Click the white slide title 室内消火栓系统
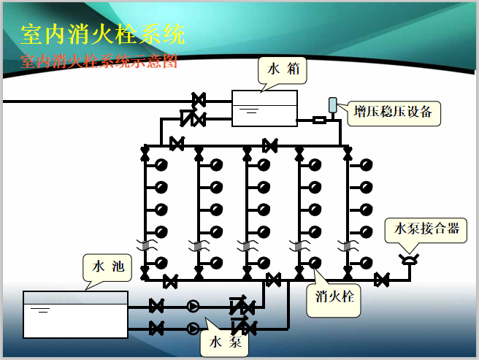(x=102, y=35)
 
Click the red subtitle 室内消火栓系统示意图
(x=99, y=61)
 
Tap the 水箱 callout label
(x=281, y=71)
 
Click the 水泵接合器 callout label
(x=426, y=229)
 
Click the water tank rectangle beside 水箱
(x=264, y=108)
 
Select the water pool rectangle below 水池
(x=75, y=314)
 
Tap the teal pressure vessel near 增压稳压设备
(x=333, y=106)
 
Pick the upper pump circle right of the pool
(x=193, y=306)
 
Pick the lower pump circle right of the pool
(x=193, y=328)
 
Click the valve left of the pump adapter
(x=380, y=279)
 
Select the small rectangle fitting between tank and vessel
(x=319, y=120)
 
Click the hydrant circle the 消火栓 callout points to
(x=314, y=262)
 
